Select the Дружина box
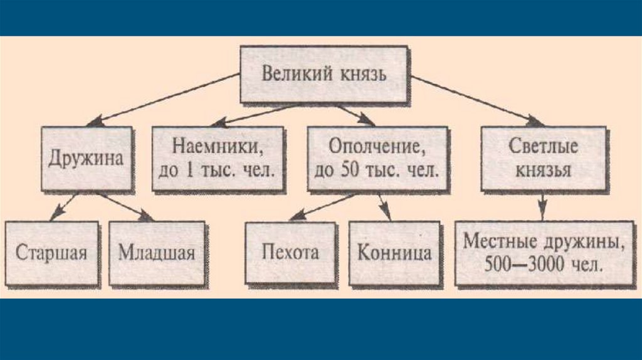(x=87, y=157)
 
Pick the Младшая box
(x=157, y=253)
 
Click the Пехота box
(x=290, y=252)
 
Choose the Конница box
(x=394, y=253)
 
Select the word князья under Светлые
(x=544, y=169)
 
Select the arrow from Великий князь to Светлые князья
(x=476, y=99)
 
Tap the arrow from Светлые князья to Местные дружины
(x=544, y=204)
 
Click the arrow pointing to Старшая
(x=63, y=206)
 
